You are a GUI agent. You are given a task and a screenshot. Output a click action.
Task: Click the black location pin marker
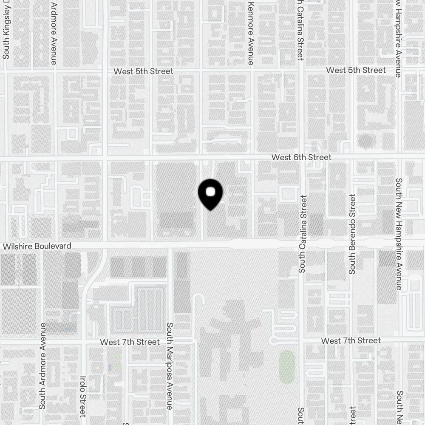(210, 194)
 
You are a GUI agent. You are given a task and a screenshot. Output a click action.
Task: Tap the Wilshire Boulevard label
(37, 246)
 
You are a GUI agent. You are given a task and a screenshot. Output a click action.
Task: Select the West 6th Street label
(301, 157)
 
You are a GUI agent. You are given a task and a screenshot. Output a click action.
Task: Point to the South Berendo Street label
(352, 234)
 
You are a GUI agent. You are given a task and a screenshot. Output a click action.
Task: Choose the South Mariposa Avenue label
(169, 365)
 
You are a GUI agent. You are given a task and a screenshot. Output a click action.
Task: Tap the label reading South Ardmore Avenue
(42, 365)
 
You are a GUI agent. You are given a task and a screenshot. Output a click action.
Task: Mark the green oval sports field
(287, 367)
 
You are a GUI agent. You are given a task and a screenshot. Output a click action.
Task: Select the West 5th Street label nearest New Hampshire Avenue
(356, 70)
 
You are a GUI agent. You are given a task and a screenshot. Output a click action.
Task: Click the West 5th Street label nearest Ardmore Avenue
(143, 71)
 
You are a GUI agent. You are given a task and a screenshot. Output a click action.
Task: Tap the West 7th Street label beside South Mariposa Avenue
(130, 342)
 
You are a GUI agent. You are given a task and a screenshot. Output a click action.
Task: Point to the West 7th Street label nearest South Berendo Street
(351, 341)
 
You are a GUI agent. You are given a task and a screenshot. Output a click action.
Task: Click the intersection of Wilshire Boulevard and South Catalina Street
(301, 244)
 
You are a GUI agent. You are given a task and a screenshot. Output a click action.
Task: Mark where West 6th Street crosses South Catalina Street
(301, 157)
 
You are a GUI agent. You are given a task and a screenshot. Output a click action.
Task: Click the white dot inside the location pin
(210, 192)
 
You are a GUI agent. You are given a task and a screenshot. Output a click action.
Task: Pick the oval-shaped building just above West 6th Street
(365, 140)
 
